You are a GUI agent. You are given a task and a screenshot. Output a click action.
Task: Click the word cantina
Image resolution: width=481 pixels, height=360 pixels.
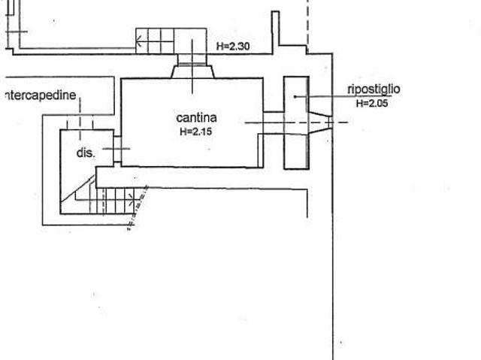coord(197,118)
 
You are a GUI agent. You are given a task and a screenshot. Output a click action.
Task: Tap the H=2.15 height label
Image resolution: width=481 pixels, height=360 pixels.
coord(195,132)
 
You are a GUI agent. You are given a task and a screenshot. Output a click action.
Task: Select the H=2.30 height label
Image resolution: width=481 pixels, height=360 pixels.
coord(233,47)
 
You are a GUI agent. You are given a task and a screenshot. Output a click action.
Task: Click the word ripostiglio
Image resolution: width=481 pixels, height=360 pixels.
coord(374,89)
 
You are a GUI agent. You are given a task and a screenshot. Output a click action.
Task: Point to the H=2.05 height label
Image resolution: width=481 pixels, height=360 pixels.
coord(372,103)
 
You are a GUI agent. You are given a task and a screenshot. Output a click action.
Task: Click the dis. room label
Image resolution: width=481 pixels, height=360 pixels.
coord(86,153)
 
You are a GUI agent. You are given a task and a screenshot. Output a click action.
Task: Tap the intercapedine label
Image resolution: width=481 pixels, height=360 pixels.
coord(40,95)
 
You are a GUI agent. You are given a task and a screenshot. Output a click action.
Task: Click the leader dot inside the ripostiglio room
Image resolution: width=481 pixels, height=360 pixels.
coord(295,97)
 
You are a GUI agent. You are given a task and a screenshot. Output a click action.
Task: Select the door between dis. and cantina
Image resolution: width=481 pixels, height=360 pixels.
coord(117,149)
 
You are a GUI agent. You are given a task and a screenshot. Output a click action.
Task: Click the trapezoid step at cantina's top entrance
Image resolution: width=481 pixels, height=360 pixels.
coord(192,71)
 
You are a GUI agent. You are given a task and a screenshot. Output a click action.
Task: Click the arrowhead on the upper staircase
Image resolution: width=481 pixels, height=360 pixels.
coord(138,41)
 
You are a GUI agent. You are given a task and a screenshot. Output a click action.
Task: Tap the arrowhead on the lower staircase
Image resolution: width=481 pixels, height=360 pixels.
coord(132,200)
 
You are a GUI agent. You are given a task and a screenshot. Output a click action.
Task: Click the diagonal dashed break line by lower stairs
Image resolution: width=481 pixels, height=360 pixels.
coord(138,207)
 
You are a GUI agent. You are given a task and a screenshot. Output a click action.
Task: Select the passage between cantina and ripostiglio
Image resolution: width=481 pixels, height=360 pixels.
coord(274,123)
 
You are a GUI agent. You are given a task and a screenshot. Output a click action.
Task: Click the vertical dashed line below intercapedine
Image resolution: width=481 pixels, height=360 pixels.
coord(80,119)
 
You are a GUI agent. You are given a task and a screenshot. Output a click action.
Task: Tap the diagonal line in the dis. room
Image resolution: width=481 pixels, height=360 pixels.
coord(78,189)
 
